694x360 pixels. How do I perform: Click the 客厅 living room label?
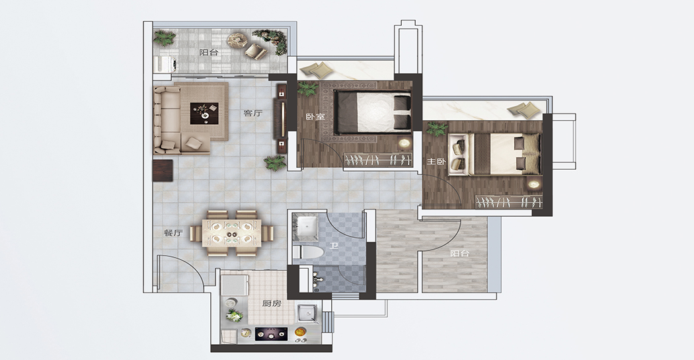252,113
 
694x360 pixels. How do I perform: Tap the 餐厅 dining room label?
173,233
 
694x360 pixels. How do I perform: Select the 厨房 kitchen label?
271,303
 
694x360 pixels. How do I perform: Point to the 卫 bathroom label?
334,245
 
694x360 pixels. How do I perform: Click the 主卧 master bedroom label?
436,162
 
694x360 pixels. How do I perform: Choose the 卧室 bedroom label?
315,117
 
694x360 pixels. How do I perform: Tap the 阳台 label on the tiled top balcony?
209,52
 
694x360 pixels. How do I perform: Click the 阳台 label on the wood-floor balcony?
460,254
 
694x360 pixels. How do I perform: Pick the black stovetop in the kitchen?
271,334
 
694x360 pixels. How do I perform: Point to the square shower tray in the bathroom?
305,227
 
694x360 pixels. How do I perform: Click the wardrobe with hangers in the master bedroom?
509,201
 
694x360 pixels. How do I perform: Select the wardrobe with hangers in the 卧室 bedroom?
378,160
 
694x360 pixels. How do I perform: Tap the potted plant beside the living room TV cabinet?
276,163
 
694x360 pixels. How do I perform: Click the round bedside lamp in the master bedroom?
535,184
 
